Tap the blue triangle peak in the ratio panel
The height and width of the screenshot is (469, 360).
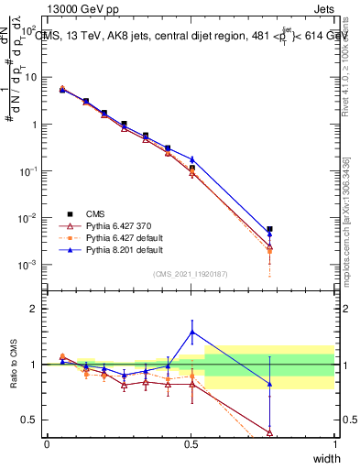(191, 332)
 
